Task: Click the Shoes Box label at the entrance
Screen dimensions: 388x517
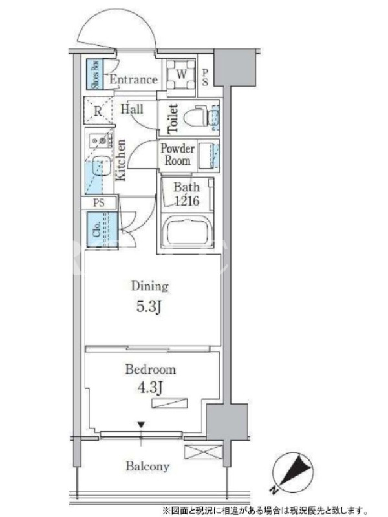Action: [95, 74]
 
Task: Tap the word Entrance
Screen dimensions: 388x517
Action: [133, 79]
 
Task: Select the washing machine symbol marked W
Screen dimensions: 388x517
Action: [181, 74]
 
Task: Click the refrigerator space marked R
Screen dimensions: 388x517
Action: [98, 111]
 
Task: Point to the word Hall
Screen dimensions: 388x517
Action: [132, 109]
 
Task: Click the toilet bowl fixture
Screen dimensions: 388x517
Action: [197, 117]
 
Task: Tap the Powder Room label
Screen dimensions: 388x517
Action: [177, 154]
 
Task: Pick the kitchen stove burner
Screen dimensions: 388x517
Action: [103, 141]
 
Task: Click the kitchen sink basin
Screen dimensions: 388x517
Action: [101, 166]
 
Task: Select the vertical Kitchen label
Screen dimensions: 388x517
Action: [120, 160]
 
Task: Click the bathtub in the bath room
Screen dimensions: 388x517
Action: [187, 230]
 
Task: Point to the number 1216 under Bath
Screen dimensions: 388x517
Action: [187, 200]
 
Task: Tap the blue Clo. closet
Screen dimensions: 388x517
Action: [103, 229]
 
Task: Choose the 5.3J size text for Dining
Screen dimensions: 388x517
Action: [149, 307]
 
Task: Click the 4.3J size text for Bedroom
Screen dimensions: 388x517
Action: [150, 388]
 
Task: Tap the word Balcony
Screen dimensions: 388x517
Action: [147, 466]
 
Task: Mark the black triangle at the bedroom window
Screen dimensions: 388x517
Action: [141, 425]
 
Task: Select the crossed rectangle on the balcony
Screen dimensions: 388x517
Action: [204, 452]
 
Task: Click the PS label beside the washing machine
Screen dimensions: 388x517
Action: [205, 77]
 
